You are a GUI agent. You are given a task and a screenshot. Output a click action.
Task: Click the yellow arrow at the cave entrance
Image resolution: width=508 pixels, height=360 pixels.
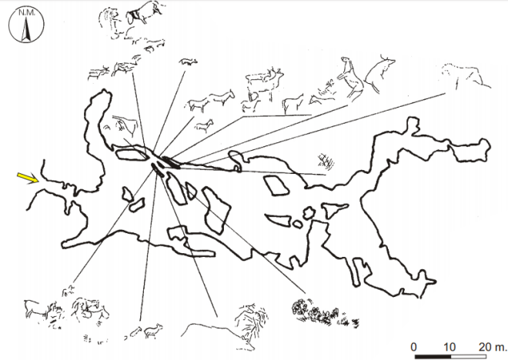(28, 178)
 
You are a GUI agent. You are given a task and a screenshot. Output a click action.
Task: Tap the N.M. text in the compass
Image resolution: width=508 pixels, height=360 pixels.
(27, 13)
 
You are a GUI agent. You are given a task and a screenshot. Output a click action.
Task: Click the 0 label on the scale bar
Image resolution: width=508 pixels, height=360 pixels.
(413, 347)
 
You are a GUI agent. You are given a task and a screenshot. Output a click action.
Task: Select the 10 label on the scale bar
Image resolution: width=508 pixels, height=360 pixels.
(449, 347)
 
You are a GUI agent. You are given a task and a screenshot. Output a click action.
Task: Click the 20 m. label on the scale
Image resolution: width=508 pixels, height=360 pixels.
(492, 347)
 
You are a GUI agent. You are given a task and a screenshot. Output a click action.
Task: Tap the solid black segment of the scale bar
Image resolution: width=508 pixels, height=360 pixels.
(433, 356)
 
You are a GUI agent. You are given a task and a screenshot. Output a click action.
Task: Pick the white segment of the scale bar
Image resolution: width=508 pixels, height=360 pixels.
(469, 356)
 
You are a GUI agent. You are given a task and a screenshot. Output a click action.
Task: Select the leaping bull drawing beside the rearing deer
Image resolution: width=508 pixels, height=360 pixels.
(379, 73)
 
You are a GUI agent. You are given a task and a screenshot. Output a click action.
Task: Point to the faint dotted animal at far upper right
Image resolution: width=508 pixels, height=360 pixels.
(466, 76)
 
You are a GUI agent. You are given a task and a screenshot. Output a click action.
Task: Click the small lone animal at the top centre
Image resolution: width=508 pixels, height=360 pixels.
(188, 62)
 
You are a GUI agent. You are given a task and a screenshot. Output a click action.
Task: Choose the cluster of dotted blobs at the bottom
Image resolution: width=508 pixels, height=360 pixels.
(324, 313)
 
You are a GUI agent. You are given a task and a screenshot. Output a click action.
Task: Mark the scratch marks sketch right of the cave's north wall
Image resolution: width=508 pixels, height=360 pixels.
(326, 162)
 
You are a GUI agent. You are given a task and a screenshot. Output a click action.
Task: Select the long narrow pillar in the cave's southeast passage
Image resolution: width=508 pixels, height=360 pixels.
(358, 271)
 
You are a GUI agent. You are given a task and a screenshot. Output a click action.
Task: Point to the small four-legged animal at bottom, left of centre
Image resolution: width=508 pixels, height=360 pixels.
(153, 331)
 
